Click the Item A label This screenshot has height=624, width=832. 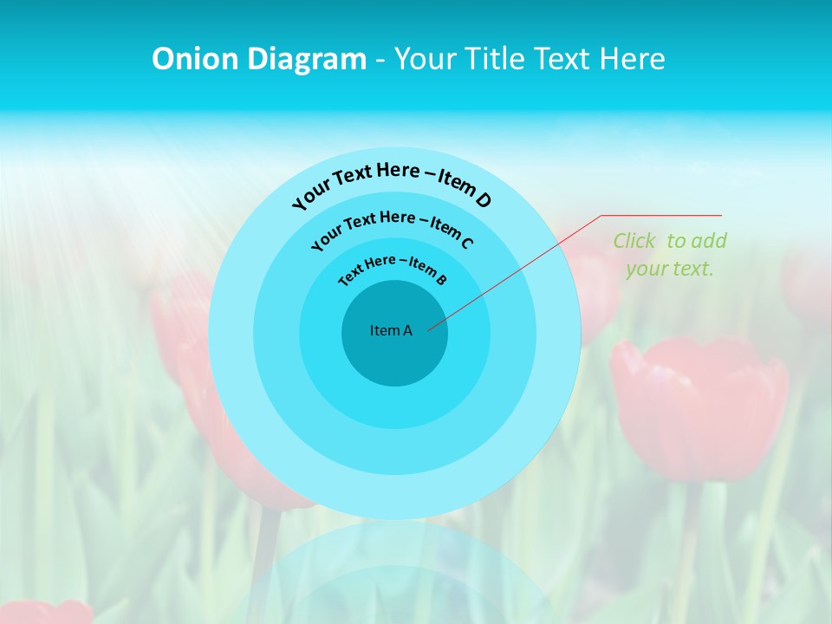[391, 330]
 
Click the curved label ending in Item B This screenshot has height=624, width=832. [393, 269]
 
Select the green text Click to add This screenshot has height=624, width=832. [669, 241]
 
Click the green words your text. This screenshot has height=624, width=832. [669, 269]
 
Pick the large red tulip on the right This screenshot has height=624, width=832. [699, 407]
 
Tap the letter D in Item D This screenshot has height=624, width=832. [483, 200]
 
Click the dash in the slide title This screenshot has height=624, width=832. [380, 59]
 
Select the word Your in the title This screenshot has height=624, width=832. [426, 59]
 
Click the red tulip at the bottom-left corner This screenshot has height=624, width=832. [43, 612]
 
